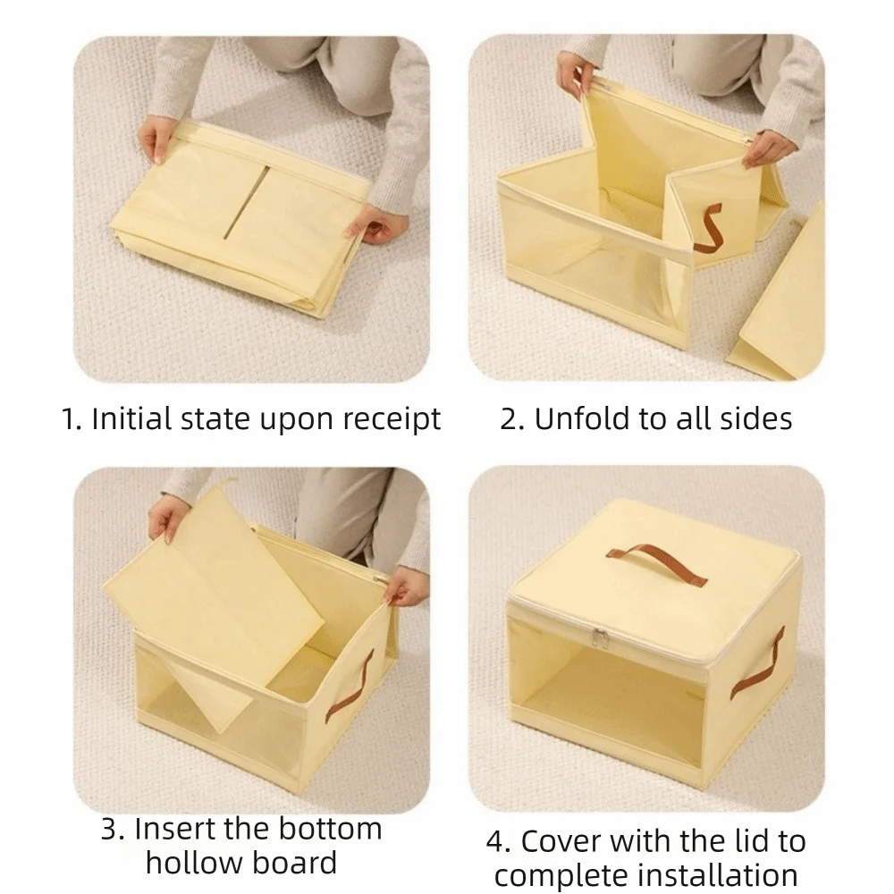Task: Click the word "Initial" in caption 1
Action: tap(132, 418)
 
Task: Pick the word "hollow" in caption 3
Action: tap(194, 863)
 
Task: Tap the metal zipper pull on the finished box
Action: tap(599, 638)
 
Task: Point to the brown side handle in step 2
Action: tap(707, 228)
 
